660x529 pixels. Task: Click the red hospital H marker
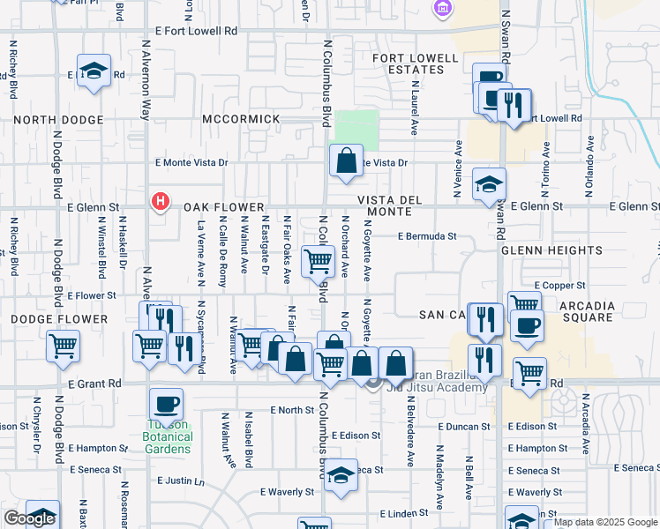coord(160,202)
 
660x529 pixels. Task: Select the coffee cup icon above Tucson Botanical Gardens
coord(166,405)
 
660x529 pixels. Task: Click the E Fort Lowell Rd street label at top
coord(196,30)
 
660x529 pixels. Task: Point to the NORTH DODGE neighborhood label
coord(58,119)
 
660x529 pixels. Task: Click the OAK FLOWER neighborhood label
coord(225,206)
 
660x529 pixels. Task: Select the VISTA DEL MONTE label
coord(384,206)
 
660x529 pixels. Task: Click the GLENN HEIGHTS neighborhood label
coord(539,250)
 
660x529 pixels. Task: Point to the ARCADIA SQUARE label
coord(580,310)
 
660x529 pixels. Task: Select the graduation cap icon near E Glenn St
coord(489,184)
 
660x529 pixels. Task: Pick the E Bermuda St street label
coord(427,236)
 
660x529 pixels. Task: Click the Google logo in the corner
coord(28,519)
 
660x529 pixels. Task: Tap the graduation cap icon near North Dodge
coord(92,71)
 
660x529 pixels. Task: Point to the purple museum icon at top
coord(441,8)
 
